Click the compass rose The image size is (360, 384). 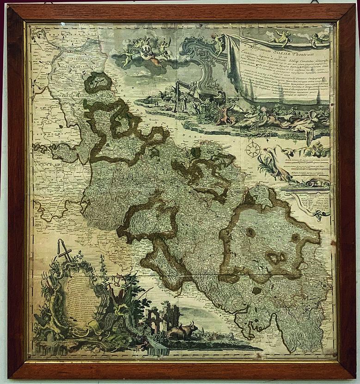pos(252,149)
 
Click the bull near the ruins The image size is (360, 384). pos(182,331)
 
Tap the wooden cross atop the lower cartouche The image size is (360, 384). pos(65,252)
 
